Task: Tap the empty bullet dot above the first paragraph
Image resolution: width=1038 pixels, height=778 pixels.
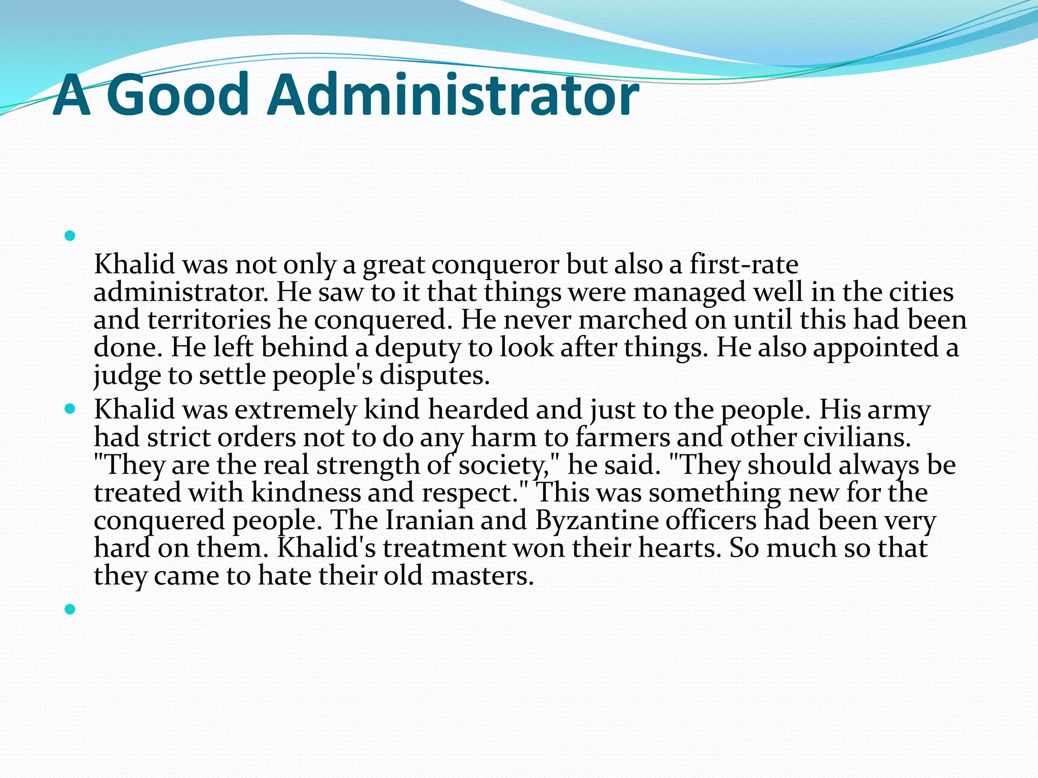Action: click(70, 236)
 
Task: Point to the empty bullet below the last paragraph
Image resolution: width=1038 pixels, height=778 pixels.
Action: click(70, 609)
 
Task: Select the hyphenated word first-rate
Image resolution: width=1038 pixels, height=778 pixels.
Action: click(744, 264)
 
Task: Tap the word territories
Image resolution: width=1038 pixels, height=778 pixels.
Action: click(209, 320)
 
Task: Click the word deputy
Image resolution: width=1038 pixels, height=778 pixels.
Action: click(418, 348)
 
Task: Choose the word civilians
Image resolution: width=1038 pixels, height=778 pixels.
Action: click(857, 437)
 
